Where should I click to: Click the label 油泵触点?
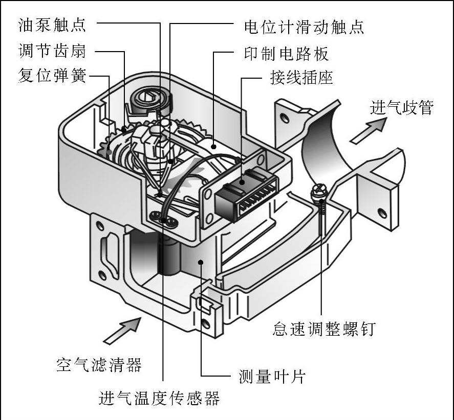pos(52,24)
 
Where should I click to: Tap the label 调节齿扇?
pos(52,51)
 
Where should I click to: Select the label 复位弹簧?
pos(52,78)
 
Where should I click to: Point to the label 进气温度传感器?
pos(160,397)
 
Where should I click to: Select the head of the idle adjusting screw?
pos(321,193)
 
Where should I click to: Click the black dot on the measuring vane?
pos(202,263)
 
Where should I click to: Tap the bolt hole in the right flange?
pos(380,211)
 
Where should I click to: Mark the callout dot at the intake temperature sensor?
pos(164,220)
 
